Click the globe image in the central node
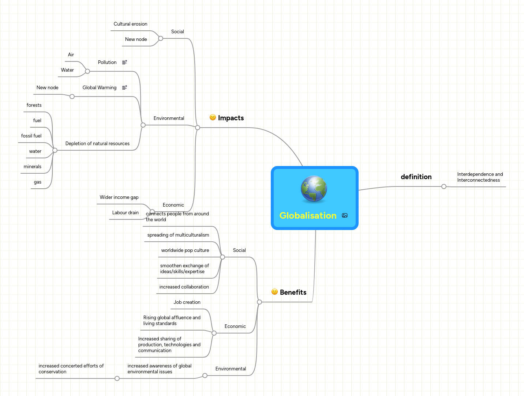tap(314, 189)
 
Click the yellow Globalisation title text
tap(308, 215)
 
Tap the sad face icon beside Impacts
tap(213, 117)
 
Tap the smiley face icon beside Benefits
tap(274, 292)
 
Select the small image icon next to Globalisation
tap(345, 215)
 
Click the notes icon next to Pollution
tap(124, 63)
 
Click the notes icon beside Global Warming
tap(124, 88)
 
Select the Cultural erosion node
tap(130, 24)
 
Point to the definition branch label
tap(416, 177)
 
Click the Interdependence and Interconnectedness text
tap(480, 177)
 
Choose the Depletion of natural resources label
tap(97, 144)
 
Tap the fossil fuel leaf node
tap(31, 136)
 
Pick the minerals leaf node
tap(33, 167)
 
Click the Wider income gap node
tap(119, 197)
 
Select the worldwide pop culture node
tap(185, 250)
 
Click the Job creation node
tap(187, 302)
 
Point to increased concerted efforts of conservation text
tap(71, 369)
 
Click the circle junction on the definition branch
tap(444, 186)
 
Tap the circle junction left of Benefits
tap(259, 302)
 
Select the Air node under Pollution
tap(71, 55)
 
